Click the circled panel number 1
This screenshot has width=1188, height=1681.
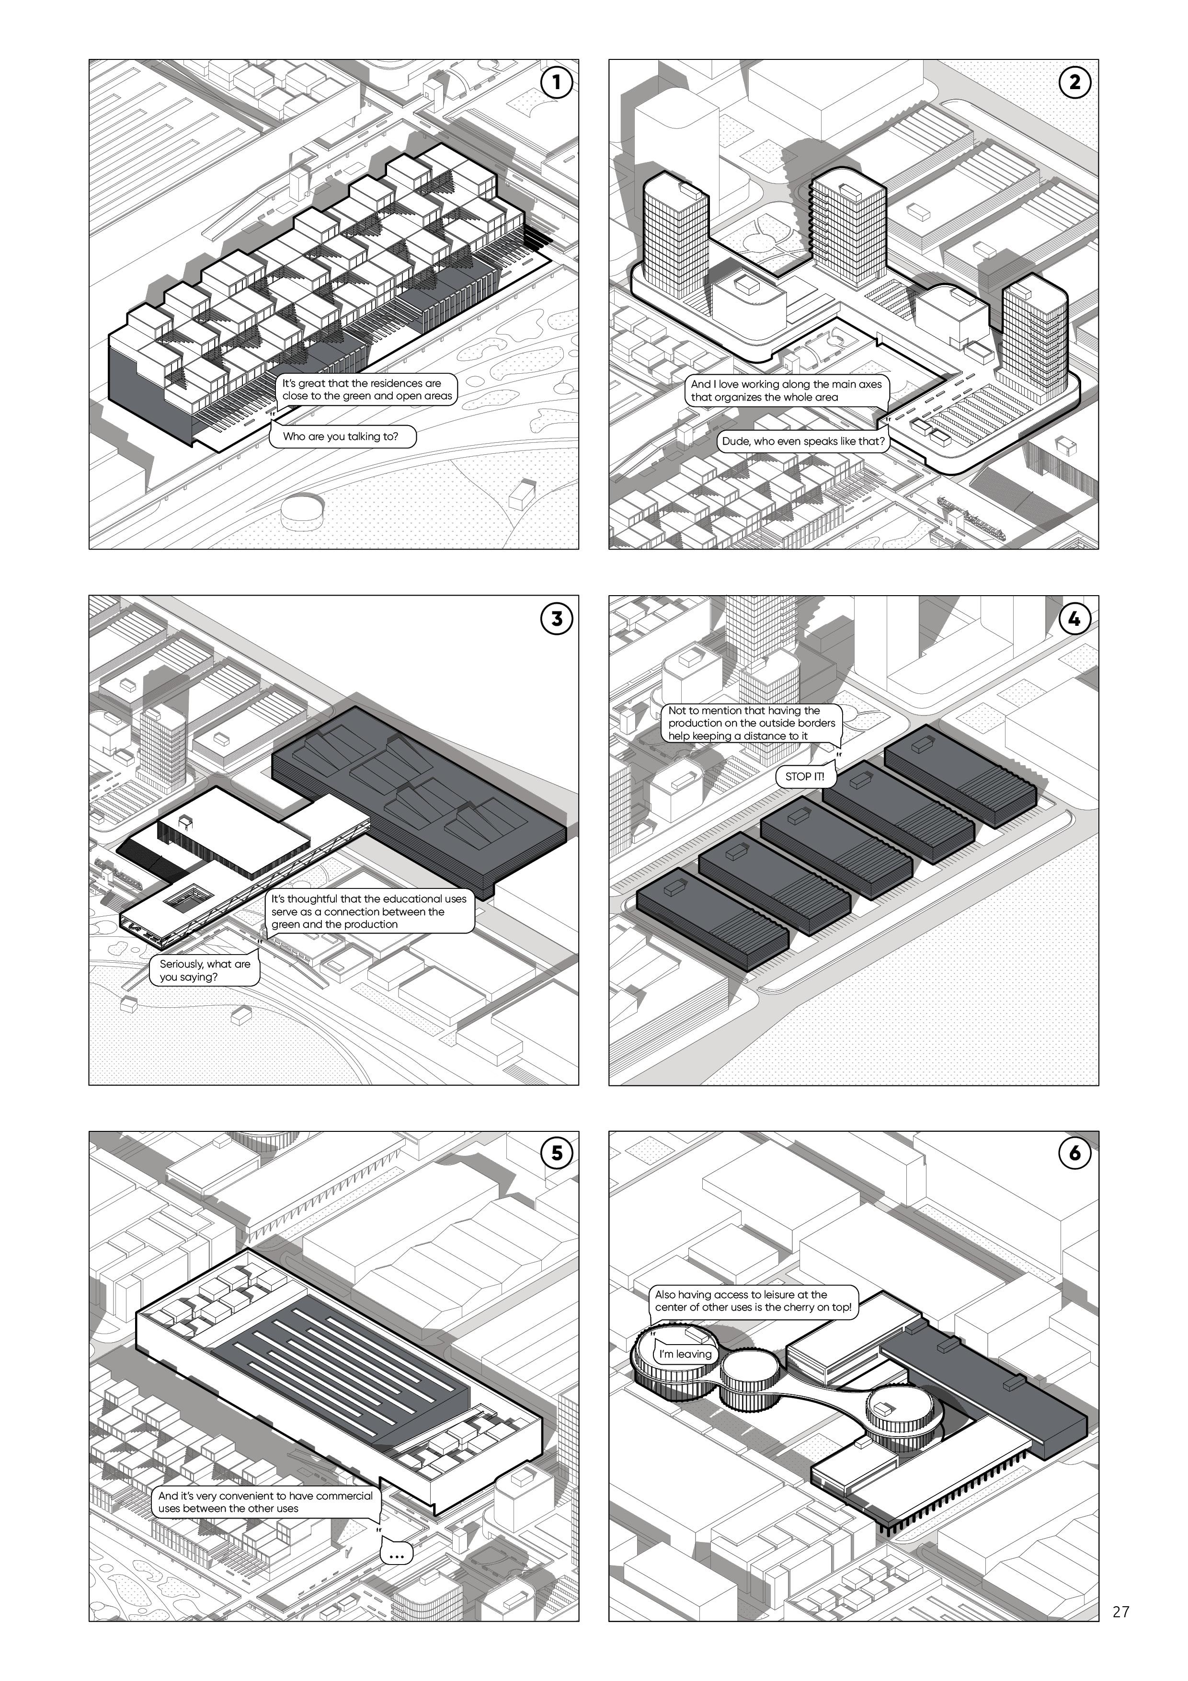pyautogui.click(x=556, y=82)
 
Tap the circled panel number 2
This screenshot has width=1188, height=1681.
pyautogui.click(x=1074, y=82)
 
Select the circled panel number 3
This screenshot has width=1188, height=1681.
pyautogui.click(x=556, y=619)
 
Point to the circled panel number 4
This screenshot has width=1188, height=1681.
pyautogui.click(x=1074, y=619)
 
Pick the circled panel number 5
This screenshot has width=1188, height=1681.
pyautogui.click(x=556, y=1153)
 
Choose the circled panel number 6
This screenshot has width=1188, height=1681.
pyautogui.click(x=1074, y=1153)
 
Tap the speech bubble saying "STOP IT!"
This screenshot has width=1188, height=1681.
pyautogui.click(x=804, y=777)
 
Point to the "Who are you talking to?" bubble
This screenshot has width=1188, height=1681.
pyautogui.click(x=341, y=437)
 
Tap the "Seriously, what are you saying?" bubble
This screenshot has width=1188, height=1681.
pyautogui.click(x=205, y=970)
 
